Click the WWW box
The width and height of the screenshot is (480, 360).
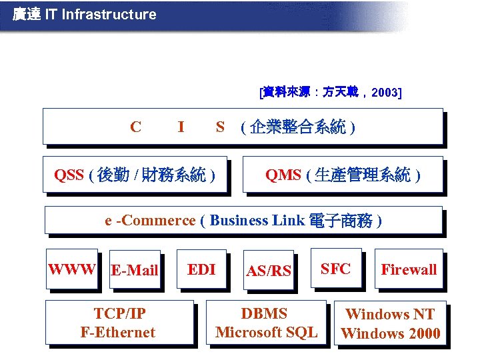click(x=72, y=269)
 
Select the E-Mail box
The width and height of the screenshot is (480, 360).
click(x=135, y=269)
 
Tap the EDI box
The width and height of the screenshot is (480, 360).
click(x=201, y=269)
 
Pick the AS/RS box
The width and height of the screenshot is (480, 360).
click(x=269, y=271)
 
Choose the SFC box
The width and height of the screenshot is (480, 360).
click(x=335, y=269)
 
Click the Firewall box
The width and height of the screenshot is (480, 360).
click(x=409, y=269)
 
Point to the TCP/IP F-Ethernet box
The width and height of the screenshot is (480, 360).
click(x=118, y=323)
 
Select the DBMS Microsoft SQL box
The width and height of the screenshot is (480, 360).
click(x=267, y=323)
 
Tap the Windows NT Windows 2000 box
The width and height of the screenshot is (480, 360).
click(x=390, y=323)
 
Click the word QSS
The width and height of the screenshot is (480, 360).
click(x=69, y=175)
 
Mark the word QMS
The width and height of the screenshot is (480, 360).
click(x=283, y=175)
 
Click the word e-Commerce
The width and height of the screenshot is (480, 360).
click(x=150, y=221)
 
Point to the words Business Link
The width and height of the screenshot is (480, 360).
click(x=257, y=221)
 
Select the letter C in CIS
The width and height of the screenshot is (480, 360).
click(x=135, y=127)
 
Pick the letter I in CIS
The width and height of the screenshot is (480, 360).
click(x=181, y=127)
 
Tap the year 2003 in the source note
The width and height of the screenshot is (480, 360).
click(x=384, y=93)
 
